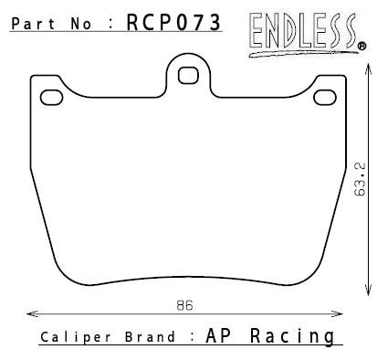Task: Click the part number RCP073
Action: pos(173,23)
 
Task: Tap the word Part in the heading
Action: pos(33,24)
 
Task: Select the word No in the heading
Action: pos(80,24)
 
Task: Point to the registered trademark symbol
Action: pos(362,47)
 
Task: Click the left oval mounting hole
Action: pos(52,98)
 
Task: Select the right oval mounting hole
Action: pos(325,98)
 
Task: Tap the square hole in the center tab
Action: pos(188,76)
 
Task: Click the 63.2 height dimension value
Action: pos(360,179)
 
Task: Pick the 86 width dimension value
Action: pos(184,305)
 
